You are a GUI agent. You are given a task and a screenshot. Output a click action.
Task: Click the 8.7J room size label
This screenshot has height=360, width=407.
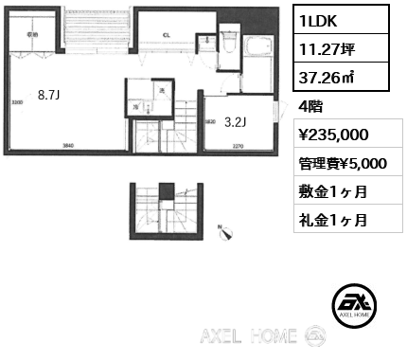(48, 94)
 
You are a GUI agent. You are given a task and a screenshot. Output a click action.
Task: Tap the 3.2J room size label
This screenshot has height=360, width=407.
(234, 120)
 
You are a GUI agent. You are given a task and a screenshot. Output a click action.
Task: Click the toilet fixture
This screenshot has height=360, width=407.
(227, 45)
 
